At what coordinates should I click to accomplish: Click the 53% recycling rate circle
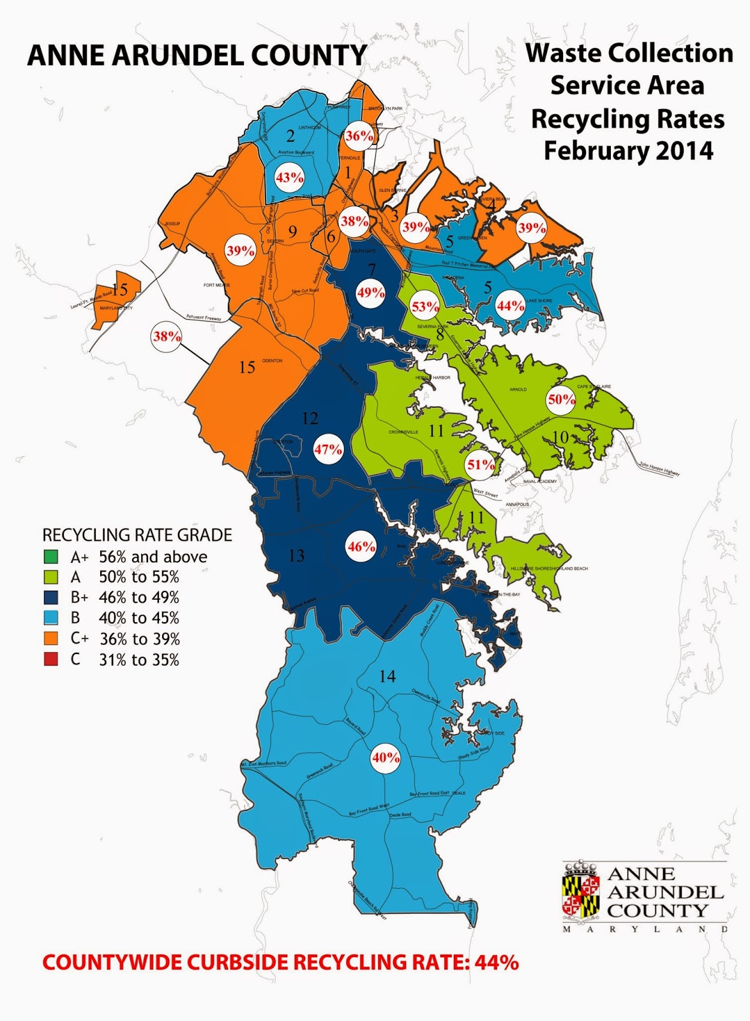pos(425,307)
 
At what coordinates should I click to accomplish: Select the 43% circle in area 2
pos(289,178)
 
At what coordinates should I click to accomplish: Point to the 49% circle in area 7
pos(371,293)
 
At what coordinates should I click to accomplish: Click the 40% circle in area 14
pos(386,757)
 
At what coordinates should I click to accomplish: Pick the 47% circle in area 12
pos(328,449)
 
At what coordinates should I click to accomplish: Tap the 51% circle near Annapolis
pos(481,465)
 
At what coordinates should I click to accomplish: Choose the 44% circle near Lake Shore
pos(511,306)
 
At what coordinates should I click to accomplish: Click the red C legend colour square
pos(50,659)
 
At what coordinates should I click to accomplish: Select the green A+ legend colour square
pos(50,556)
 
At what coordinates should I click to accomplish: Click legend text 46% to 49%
pos(139,598)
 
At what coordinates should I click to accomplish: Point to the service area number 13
pos(296,556)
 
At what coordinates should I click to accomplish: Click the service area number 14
pos(387,676)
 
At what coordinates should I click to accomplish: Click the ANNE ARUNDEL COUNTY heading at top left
pos(197,56)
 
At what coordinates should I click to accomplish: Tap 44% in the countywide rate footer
pos(497,962)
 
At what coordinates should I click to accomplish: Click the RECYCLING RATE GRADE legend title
pos(137,535)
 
